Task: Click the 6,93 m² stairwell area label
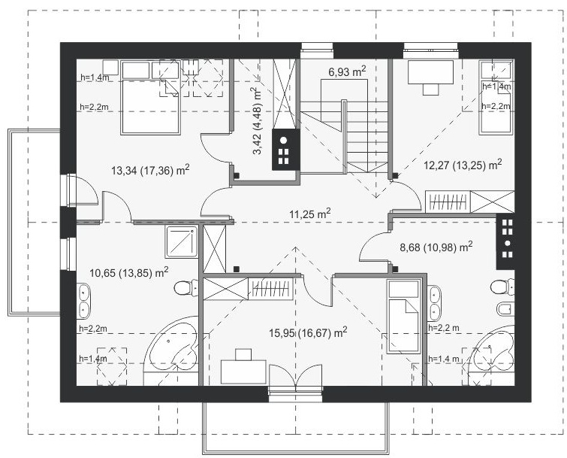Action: [347, 71]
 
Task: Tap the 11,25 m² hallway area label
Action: [310, 214]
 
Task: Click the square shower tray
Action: [182, 241]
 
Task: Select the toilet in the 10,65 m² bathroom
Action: [185, 288]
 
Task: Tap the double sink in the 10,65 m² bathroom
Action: [84, 302]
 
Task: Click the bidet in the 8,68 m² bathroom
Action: [505, 309]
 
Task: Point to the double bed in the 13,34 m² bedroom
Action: [150, 98]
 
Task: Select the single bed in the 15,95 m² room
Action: [403, 317]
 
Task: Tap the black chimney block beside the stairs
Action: [285, 150]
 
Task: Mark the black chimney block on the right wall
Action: [506, 242]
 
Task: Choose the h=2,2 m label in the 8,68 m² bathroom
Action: [444, 328]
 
